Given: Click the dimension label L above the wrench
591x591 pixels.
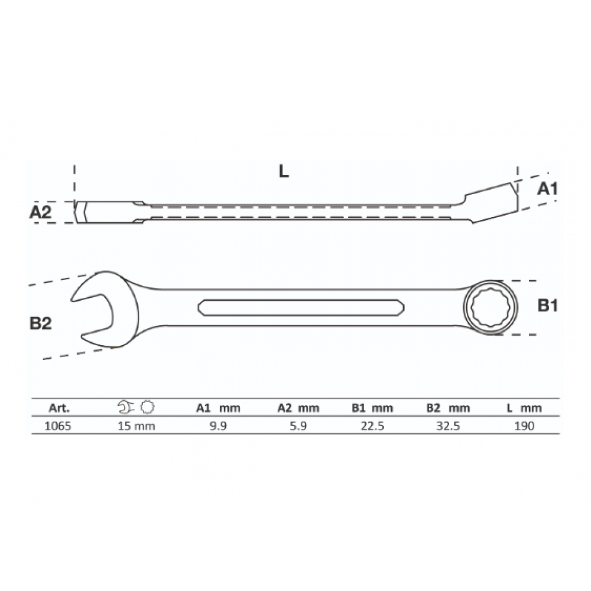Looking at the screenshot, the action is [284, 171].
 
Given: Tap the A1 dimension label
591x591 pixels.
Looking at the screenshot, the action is [547, 189].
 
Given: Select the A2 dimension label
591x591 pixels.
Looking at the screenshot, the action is [40, 212].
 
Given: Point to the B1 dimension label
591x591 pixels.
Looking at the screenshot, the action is [547, 306].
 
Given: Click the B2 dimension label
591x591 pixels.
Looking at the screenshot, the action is [40, 323].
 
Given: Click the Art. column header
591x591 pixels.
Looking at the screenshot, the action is [59, 408].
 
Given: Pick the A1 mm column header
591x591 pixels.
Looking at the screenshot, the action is [218, 408].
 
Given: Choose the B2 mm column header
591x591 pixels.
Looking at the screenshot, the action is [448, 408].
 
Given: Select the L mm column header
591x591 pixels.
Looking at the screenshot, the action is [524, 408].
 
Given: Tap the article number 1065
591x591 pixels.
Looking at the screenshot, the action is [58, 426].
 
